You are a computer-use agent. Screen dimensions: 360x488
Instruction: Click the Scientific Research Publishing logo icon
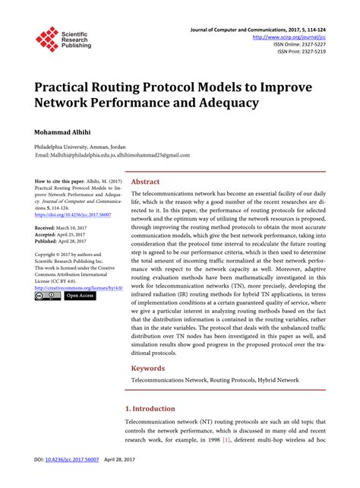click(x=47, y=40)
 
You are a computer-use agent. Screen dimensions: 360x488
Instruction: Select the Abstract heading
click(x=146, y=182)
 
